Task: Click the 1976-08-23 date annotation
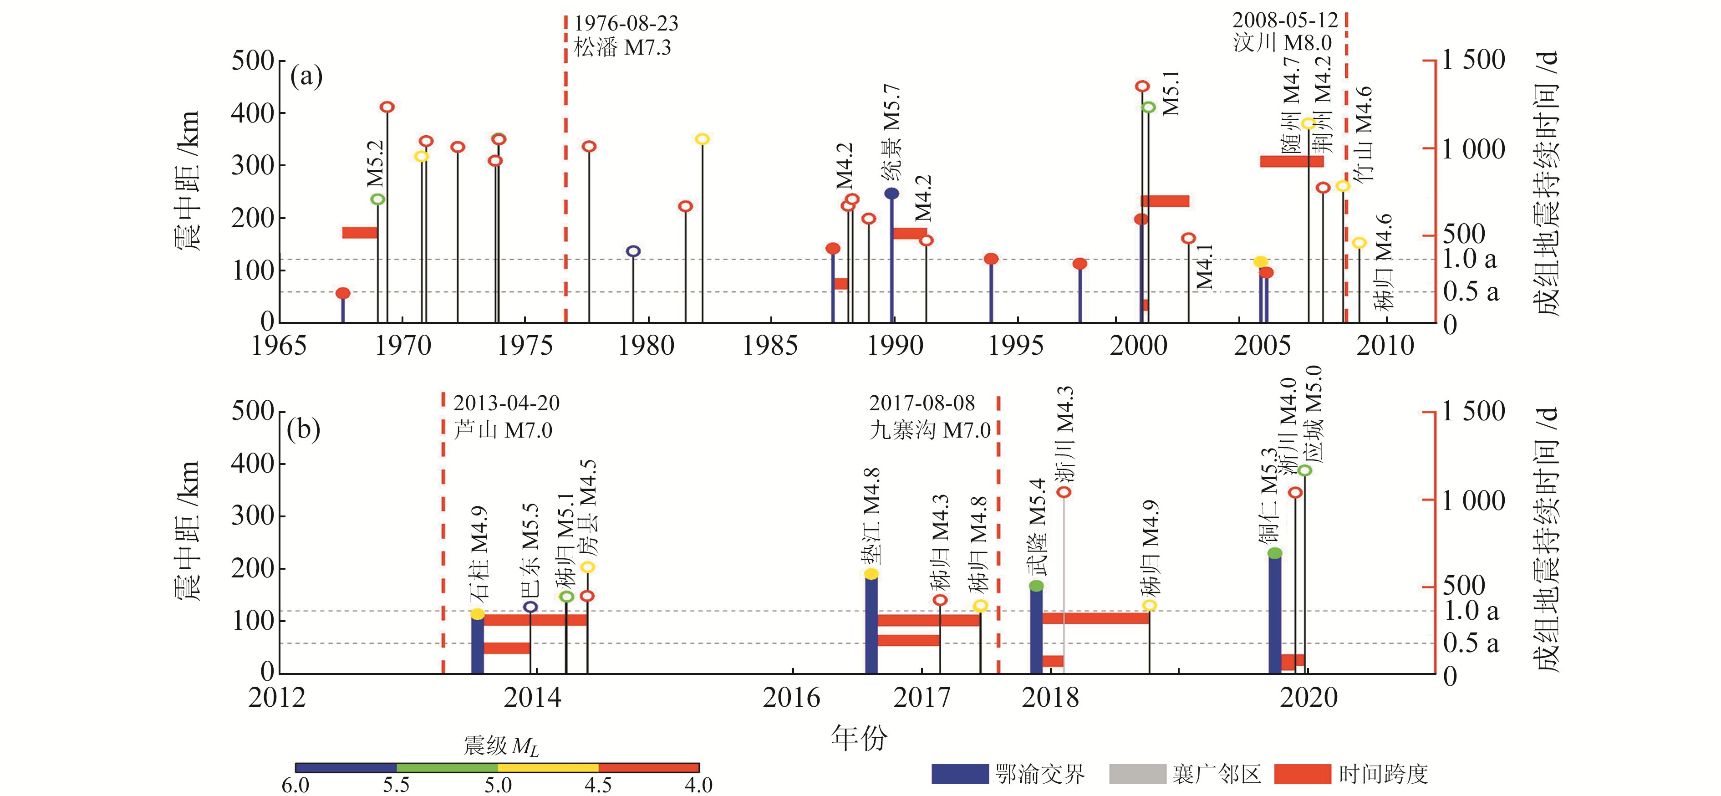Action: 626,23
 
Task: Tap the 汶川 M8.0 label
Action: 1282,43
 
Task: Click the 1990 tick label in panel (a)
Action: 895,346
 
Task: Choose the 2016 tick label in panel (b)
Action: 792,698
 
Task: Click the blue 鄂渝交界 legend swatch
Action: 960,774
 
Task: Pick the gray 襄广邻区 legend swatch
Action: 1137,774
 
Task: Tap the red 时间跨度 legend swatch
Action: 1303,774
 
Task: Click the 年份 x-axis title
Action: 859,738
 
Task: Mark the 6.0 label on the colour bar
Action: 295,785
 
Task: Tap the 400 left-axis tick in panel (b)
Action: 253,463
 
